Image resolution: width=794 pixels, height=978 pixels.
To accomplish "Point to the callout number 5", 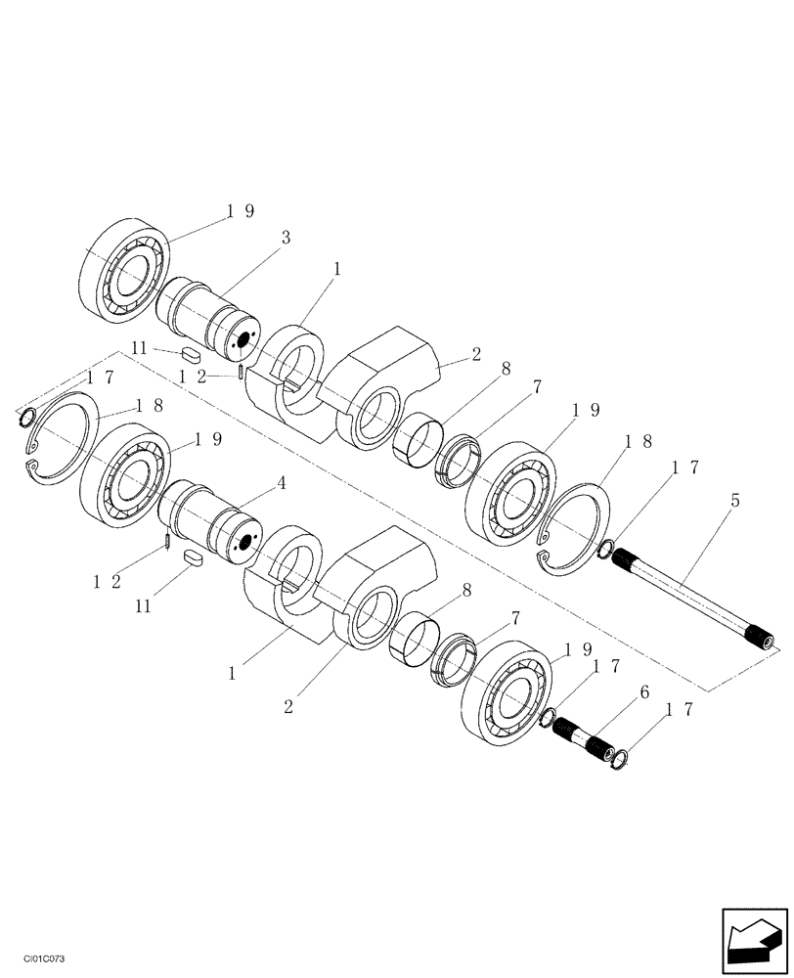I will (x=734, y=501).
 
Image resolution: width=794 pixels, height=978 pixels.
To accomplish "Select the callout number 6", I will (x=643, y=690).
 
